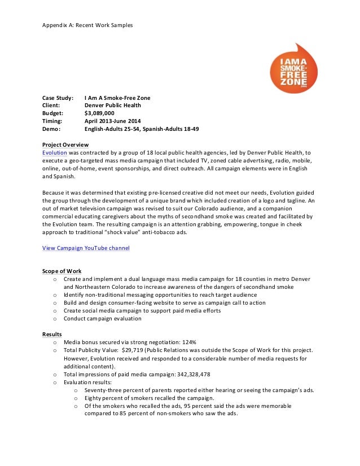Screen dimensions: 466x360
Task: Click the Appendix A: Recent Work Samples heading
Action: click(87, 25)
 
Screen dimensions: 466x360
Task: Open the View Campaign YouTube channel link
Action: click(86, 248)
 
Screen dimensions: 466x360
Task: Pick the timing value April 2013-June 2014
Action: click(113, 121)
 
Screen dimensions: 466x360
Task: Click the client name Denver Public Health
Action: click(113, 105)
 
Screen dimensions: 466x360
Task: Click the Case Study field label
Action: click(58, 97)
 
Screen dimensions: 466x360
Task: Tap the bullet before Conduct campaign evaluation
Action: click(55, 319)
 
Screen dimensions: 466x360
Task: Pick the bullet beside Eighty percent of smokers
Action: click(75, 398)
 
